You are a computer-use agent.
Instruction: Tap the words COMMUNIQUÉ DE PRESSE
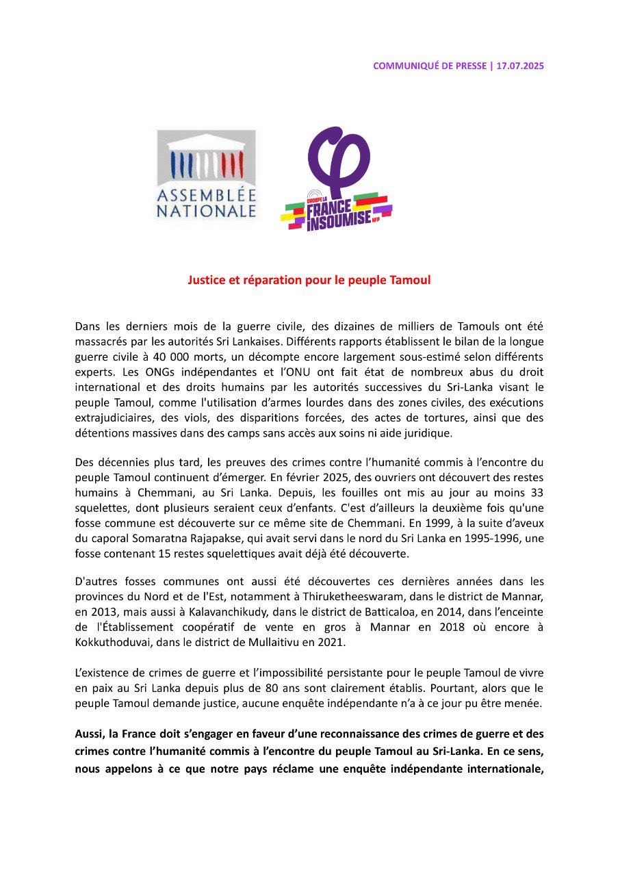[430, 66]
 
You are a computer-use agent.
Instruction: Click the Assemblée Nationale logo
[206, 175]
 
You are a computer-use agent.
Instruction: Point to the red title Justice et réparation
[309, 280]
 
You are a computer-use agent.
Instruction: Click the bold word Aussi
[90, 734]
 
